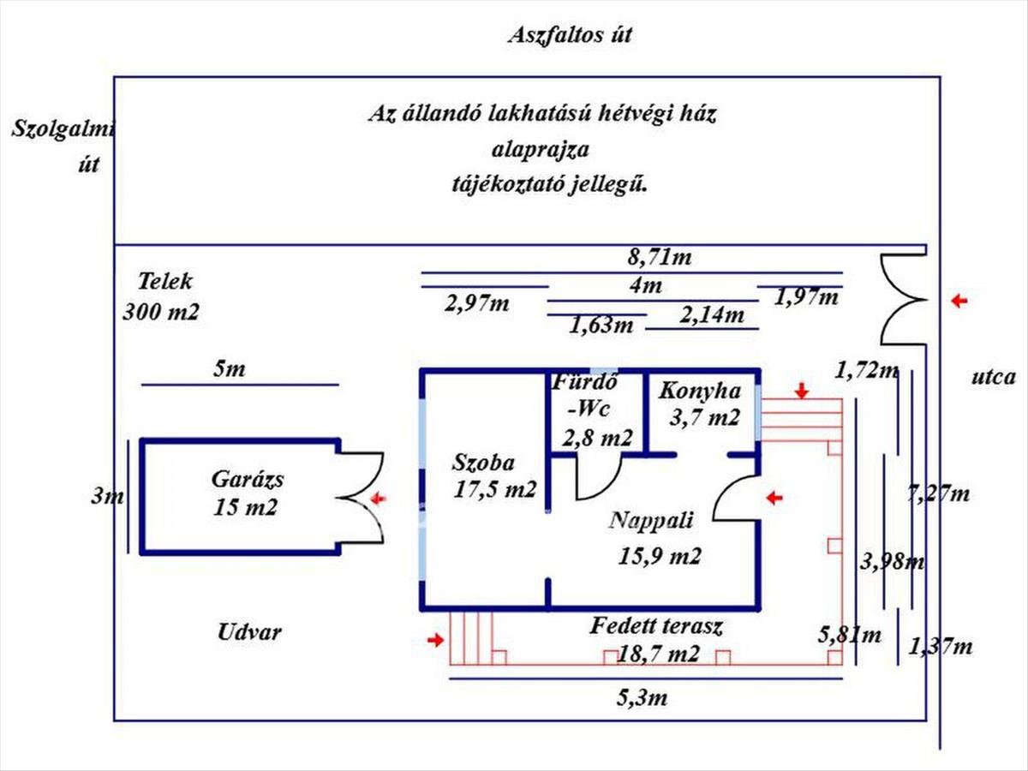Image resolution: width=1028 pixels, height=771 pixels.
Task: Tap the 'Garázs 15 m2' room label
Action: (x=248, y=493)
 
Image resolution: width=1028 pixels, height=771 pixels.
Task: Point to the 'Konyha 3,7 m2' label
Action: (x=699, y=404)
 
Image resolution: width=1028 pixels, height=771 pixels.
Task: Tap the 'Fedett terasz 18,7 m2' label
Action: (x=657, y=640)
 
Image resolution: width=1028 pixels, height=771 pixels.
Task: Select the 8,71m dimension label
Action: (x=660, y=256)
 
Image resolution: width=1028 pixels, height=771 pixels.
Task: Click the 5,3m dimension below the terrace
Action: (x=642, y=697)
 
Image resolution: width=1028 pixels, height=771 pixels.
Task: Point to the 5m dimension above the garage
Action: (x=229, y=369)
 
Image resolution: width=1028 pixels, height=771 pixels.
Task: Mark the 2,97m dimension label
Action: (x=478, y=302)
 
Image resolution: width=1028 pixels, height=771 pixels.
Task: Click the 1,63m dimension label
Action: (x=601, y=326)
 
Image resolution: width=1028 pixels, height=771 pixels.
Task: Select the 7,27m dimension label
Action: (x=938, y=493)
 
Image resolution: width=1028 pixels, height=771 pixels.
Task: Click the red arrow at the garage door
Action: (x=377, y=498)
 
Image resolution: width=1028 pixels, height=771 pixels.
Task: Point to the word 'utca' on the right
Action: (x=995, y=376)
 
